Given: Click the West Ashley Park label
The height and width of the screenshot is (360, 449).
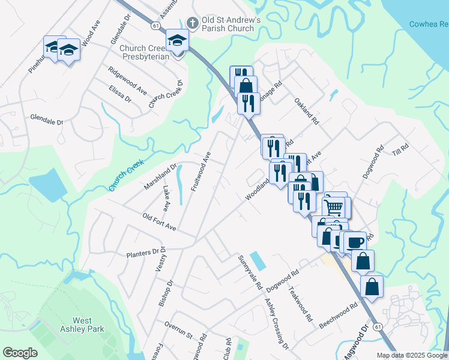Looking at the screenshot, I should [82, 325].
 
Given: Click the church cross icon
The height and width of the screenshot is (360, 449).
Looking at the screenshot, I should [192, 23].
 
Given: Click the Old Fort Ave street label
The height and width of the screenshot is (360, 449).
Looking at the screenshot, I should [159, 222].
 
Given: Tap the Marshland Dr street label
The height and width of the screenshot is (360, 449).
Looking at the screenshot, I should [160, 178].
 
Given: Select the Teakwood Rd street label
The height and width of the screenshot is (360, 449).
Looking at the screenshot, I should [301, 304].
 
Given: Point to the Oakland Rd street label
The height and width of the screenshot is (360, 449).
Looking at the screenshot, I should [306, 111].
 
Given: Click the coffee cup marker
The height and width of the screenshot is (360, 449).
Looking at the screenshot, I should [355, 242].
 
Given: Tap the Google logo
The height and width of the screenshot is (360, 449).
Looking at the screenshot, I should [20, 353].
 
